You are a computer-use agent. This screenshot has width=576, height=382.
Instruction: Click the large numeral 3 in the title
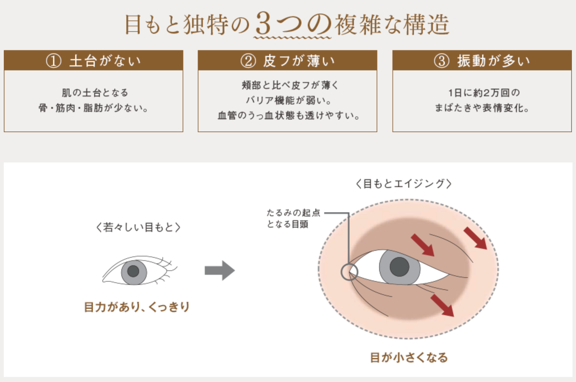(x=263, y=24)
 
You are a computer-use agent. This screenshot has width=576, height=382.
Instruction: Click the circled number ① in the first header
(x=54, y=61)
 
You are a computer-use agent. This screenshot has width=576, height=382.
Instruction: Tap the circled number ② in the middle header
(x=248, y=61)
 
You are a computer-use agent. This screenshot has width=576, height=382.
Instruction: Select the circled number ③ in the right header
(x=442, y=61)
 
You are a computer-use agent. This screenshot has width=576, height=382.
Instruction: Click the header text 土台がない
(x=105, y=61)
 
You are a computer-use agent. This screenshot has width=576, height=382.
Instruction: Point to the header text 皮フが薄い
(x=299, y=61)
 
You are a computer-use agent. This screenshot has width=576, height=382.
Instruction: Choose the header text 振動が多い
(x=494, y=61)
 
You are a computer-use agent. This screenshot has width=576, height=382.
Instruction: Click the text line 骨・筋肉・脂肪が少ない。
(x=94, y=108)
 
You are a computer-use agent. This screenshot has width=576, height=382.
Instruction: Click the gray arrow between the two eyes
(x=220, y=270)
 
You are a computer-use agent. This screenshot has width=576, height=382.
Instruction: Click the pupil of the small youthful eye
(x=133, y=271)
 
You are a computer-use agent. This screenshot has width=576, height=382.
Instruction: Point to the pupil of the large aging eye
(x=399, y=267)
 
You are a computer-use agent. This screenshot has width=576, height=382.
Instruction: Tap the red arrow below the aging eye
(x=442, y=305)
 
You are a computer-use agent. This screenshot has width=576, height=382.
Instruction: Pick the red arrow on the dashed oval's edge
(x=476, y=238)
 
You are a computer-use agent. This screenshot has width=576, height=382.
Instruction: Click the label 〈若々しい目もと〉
(x=138, y=227)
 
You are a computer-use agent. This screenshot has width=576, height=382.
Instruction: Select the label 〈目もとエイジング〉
(x=404, y=184)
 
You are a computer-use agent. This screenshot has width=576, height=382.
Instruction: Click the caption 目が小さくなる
(x=409, y=358)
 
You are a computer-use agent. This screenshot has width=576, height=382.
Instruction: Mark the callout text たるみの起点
(x=294, y=213)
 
